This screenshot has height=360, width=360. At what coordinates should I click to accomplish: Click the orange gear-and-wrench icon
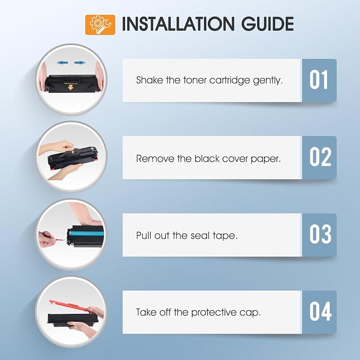pyautogui.click(x=100, y=25)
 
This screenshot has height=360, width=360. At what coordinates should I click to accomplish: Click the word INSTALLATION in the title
pyautogui.click(x=178, y=24)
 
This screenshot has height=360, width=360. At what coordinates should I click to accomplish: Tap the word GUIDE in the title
pyautogui.click(x=267, y=24)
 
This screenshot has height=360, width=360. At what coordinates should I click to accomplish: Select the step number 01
pyautogui.click(x=319, y=80)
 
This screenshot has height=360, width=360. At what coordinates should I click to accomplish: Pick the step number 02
pyautogui.click(x=320, y=157)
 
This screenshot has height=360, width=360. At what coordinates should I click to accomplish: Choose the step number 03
pyautogui.click(x=320, y=234)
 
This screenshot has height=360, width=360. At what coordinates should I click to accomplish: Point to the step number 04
pyautogui.click(x=321, y=312)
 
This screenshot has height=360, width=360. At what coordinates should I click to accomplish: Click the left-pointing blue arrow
pyautogui.click(x=62, y=63)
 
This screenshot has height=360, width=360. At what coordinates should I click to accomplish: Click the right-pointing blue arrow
pyautogui.click(x=80, y=63)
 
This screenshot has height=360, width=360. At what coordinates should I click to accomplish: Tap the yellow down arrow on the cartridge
pyautogui.click(x=71, y=87)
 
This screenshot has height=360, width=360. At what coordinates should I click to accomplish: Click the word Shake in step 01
pyautogui.click(x=150, y=80)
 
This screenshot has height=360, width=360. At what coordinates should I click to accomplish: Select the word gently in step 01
pyautogui.click(x=268, y=81)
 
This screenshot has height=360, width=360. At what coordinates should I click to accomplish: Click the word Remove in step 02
pyautogui.click(x=155, y=159)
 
